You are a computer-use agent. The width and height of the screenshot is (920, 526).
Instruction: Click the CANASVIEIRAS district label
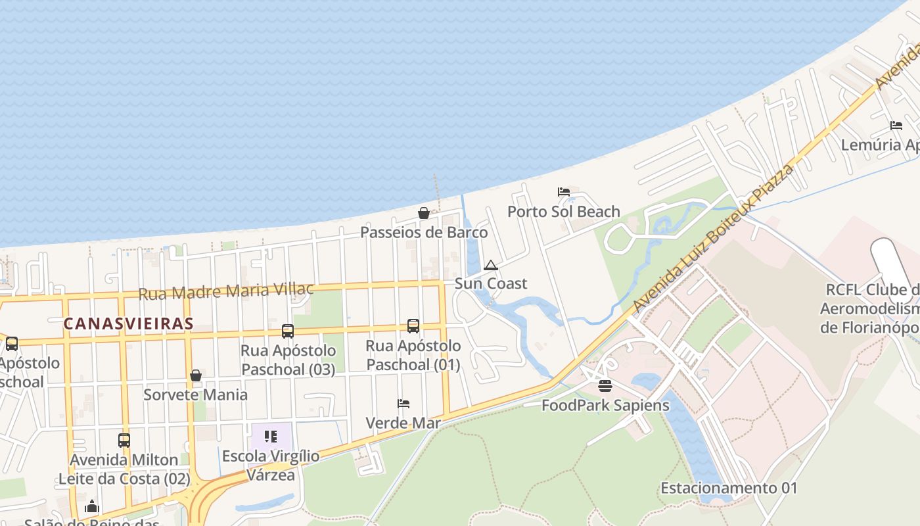tap(128, 323)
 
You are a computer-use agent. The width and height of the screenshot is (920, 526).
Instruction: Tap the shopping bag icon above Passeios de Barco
tap(424, 213)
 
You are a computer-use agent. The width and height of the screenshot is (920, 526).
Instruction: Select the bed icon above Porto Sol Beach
tap(564, 192)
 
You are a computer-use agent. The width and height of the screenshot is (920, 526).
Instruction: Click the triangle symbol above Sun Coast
tap(490, 266)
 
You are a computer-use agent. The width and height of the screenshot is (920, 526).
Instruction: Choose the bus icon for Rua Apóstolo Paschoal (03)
tap(288, 331)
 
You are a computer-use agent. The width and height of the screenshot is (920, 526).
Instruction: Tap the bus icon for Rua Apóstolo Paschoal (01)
tap(413, 326)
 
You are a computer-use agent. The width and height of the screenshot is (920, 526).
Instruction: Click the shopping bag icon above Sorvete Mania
tap(196, 375)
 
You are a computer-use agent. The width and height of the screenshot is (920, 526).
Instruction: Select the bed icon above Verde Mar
tap(403, 404)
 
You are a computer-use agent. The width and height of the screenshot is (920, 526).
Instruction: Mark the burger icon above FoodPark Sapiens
tap(605, 386)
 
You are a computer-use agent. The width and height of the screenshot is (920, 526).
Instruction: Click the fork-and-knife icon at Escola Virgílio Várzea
tap(270, 437)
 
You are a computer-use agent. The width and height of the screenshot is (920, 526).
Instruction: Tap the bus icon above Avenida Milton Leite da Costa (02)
tap(124, 441)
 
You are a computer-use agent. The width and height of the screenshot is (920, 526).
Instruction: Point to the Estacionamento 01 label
tap(729, 488)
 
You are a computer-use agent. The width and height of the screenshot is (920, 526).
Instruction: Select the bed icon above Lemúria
tap(896, 126)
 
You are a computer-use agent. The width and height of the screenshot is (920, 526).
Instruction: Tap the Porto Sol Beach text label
tap(564, 212)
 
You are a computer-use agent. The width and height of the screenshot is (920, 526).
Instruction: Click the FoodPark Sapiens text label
tap(605, 405)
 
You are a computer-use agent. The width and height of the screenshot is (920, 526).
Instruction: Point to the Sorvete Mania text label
tap(196, 394)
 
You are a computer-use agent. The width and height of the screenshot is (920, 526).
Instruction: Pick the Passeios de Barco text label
tap(424, 232)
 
